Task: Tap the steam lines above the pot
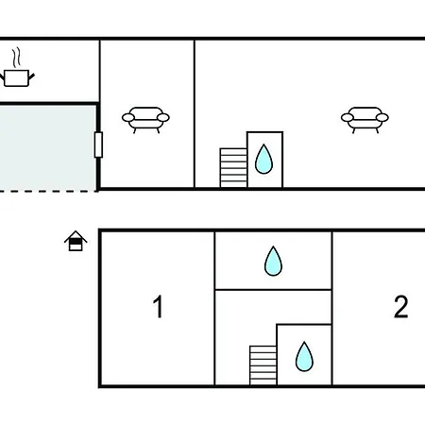pyautogui.click(x=17, y=57)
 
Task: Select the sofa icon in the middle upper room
pyautogui.click(x=145, y=120)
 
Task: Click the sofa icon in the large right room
pyautogui.click(x=365, y=120)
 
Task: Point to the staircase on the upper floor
pyautogui.click(x=233, y=168)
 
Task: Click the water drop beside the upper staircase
pyautogui.click(x=263, y=159)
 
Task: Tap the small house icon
pyautogui.click(x=76, y=241)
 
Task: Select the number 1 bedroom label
pyautogui.click(x=158, y=306)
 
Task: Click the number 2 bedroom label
pyautogui.click(x=400, y=306)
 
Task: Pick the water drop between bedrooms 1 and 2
pyautogui.click(x=273, y=261)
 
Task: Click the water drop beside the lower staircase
pyautogui.click(x=304, y=356)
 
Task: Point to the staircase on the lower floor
pyautogui.click(x=263, y=365)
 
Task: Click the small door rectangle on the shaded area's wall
pyautogui.click(x=98, y=144)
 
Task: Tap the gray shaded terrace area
pyautogui.click(x=48, y=148)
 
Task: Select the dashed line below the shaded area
pyautogui.click(x=48, y=191)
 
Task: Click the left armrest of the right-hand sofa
pyautogui.click(x=348, y=118)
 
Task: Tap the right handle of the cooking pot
pyautogui.click(x=31, y=76)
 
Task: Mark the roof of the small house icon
pyautogui.click(x=76, y=236)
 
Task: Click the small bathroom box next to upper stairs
pyautogui.click(x=264, y=160)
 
